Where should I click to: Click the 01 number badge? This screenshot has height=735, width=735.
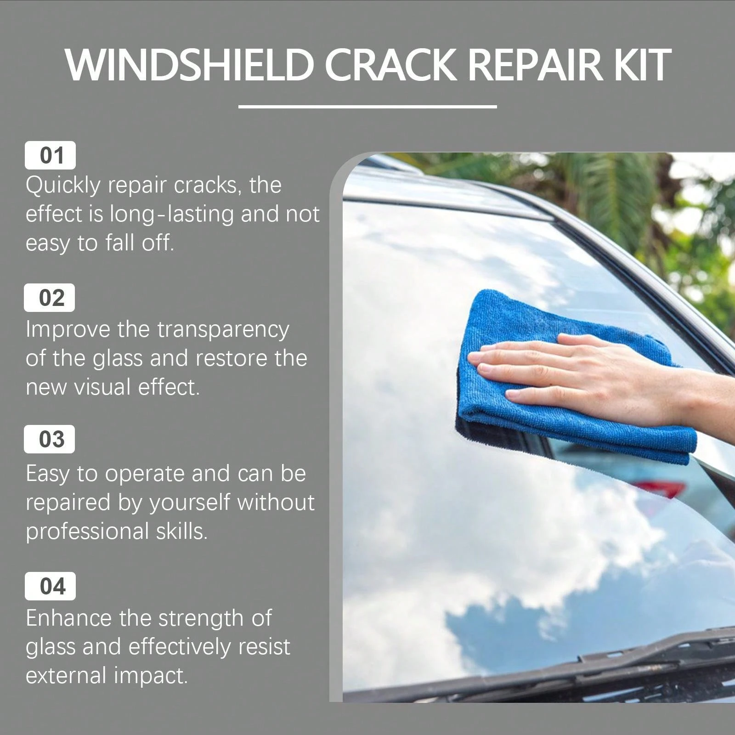pos(51,155)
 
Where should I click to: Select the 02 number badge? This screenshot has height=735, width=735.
pos(50,298)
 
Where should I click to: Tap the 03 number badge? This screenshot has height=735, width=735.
pos(50,439)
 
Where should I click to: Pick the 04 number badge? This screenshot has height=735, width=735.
pos(51,586)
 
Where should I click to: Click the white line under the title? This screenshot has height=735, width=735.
pos(367,107)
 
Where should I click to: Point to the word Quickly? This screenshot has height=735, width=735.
pos(62,186)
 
